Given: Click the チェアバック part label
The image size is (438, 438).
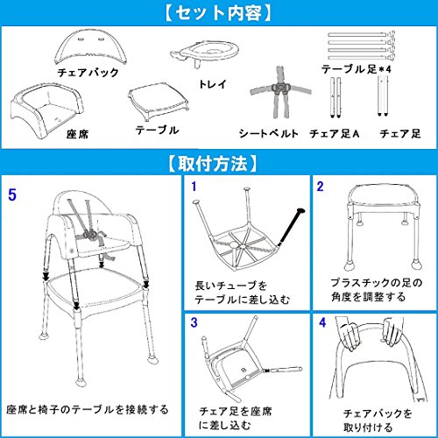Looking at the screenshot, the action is point(88,72).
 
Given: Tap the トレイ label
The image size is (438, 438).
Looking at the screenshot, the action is point(213,84).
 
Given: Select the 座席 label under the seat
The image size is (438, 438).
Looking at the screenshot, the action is point(77,134).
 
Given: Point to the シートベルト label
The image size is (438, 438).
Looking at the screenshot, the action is point(269,133).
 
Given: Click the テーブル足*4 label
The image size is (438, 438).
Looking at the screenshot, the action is point(357,69).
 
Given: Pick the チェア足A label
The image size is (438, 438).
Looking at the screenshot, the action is point(335,133).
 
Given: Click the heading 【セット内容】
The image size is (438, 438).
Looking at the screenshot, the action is point(218,13).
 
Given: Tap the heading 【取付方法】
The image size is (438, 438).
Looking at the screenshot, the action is point(213,164).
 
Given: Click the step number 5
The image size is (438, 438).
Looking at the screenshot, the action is point(12,194).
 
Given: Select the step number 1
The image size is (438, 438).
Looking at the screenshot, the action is point(194,187).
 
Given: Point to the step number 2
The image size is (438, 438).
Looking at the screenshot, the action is point(321,187).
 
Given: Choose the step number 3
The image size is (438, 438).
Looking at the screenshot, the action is point(194,322).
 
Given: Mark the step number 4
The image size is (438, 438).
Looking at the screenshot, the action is point(322,322).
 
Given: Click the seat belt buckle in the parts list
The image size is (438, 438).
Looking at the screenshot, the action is point(280,87).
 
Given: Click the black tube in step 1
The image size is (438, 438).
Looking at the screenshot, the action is point(292,225).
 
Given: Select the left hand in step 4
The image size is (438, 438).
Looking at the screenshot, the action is point(350,336).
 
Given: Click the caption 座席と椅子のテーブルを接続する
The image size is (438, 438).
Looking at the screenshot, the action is point(88,409).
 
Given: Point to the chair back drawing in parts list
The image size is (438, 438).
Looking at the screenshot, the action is point(91,46).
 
